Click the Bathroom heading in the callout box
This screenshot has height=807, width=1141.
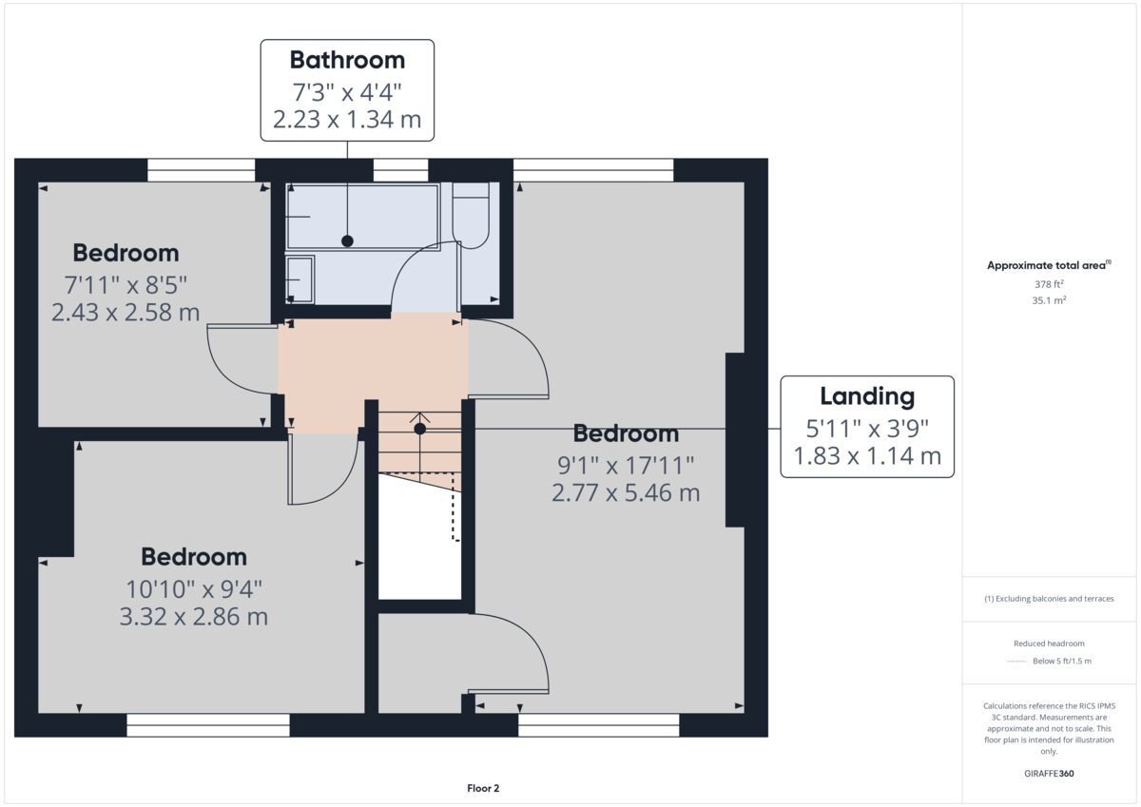tap(347, 60)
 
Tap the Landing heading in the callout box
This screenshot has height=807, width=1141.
tap(867, 396)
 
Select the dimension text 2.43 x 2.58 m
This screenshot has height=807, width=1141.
tap(126, 313)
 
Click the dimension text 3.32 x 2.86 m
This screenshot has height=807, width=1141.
tap(194, 617)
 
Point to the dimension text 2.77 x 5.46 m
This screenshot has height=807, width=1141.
tap(626, 493)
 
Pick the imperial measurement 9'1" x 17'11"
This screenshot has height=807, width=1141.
tap(626, 465)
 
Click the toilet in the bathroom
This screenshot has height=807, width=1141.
tap(470, 215)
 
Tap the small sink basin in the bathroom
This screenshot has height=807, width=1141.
tap(300, 279)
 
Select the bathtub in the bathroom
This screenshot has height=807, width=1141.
tap(362, 218)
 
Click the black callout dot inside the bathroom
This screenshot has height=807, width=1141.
tap(347, 241)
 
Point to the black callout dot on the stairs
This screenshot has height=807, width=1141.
tap(419, 429)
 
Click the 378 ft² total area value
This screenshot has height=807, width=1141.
tap(1049, 284)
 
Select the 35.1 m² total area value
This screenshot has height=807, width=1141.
tap(1049, 300)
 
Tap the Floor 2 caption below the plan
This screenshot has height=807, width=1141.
tap(483, 788)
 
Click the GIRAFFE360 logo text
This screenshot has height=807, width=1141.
tap(1049, 774)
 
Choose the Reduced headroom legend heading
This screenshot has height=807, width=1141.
tap(1049, 644)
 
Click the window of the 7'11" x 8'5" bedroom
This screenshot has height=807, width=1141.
tap(202, 170)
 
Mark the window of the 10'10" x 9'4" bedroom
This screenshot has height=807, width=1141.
tap(208, 725)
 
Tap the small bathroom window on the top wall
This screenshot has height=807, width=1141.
tap(400, 170)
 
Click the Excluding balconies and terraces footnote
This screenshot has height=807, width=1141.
tap(1049, 599)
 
